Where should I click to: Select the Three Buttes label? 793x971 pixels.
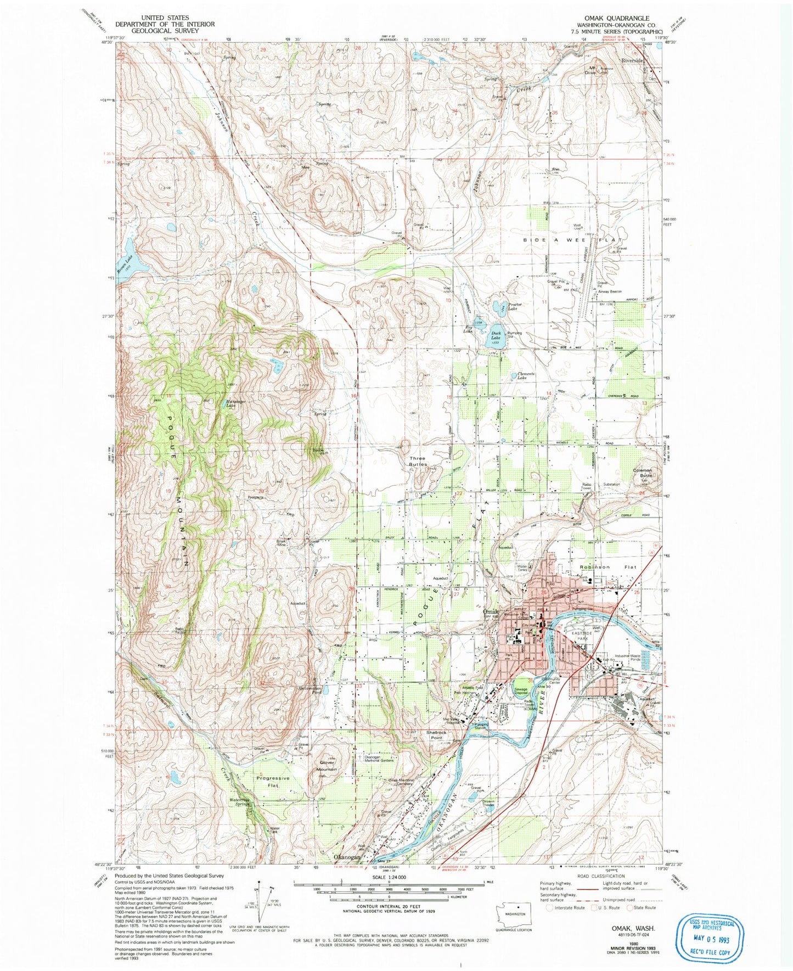tap(418, 461)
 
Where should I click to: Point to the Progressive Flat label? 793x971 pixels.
tap(273, 782)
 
